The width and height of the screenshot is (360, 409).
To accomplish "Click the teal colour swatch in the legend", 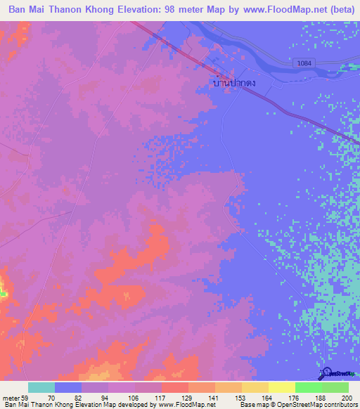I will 41,387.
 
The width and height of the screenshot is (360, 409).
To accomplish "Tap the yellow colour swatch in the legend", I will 281,387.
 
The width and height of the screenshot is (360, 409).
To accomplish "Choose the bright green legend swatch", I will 308,387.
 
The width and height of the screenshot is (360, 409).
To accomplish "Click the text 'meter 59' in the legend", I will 14,398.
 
